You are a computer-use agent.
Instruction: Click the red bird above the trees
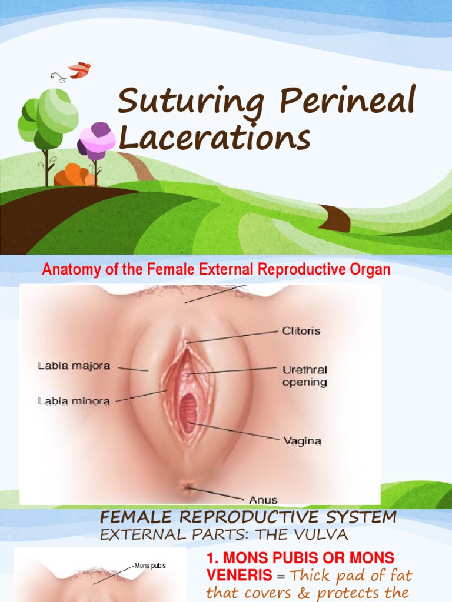(x=79, y=71)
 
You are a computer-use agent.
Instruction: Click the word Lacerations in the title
(x=214, y=138)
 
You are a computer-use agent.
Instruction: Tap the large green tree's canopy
(x=48, y=115)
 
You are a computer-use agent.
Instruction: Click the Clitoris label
(x=301, y=330)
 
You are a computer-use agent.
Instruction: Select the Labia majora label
(x=74, y=366)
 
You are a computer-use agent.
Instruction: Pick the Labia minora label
(x=74, y=401)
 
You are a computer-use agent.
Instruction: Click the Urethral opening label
(x=305, y=376)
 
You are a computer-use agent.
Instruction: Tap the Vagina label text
(x=303, y=441)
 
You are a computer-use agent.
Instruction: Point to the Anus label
(x=263, y=500)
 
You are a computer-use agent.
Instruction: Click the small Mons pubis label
(x=150, y=566)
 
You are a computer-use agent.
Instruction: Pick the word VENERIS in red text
(x=240, y=575)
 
